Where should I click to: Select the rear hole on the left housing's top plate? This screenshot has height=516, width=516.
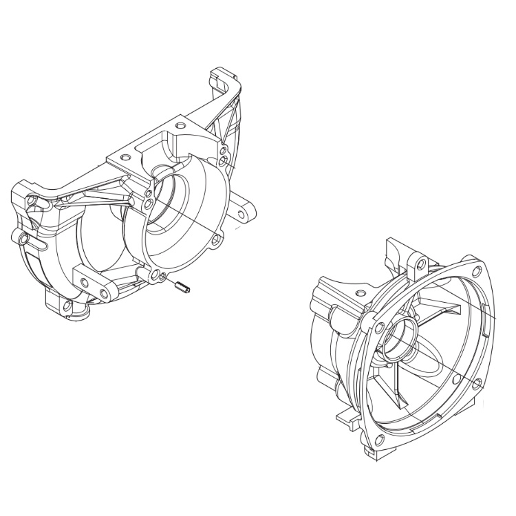click(181, 127)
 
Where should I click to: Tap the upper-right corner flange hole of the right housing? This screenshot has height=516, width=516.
click(475, 261)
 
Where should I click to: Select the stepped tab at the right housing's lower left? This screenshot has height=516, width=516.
click(345, 416)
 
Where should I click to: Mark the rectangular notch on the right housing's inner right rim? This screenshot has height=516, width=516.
click(486, 310)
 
